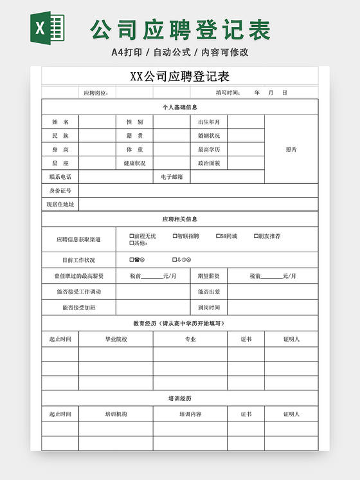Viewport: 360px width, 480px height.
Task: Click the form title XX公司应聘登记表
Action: [x=180, y=77]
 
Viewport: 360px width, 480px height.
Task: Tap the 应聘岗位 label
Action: [x=96, y=93]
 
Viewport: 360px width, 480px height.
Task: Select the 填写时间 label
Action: [x=228, y=93]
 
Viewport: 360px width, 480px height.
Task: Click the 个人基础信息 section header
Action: [x=180, y=107]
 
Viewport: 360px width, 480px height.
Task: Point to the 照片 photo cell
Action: [x=291, y=149]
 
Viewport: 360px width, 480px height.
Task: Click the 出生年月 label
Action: [x=209, y=122]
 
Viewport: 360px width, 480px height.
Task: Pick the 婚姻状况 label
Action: [x=209, y=136]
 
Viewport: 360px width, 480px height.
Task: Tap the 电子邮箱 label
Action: [x=172, y=176]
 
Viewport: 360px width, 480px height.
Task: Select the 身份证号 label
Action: [x=60, y=191]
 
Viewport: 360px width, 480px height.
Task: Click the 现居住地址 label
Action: [x=60, y=205]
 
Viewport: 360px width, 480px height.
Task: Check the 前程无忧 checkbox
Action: [x=132, y=236]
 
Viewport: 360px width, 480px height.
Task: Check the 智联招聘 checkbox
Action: [x=175, y=236]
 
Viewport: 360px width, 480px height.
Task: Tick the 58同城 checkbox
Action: [x=218, y=236]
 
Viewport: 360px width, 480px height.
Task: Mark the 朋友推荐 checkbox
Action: [x=256, y=236]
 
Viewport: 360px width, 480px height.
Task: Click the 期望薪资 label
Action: [x=209, y=276]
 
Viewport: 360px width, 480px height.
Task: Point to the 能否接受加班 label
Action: [x=78, y=308]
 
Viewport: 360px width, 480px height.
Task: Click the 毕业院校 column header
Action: [x=116, y=339]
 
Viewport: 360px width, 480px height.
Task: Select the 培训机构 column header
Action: [x=116, y=414]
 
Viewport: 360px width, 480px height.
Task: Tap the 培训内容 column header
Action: [x=190, y=414]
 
